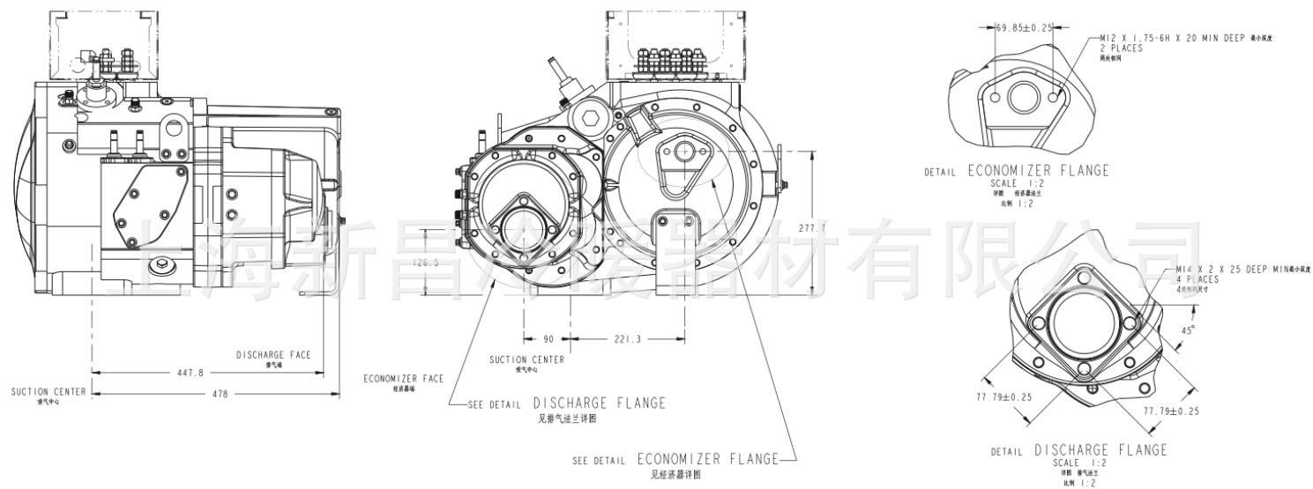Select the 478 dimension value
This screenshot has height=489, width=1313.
coord(216,394)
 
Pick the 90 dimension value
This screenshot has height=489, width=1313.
coord(547,338)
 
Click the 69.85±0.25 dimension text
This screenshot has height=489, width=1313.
coord(1025,28)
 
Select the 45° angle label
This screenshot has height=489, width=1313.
coord(1189,330)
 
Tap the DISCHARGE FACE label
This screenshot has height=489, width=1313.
coord(272,355)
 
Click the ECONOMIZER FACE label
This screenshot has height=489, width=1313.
coord(403,378)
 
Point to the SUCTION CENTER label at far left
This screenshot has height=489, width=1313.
coord(48,391)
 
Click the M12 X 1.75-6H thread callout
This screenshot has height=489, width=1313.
coord(1184,39)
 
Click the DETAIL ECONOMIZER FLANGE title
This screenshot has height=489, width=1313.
coord(1016,171)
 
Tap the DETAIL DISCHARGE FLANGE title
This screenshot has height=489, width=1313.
coord(1078,450)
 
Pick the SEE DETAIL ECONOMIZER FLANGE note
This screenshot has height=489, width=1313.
coord(675,459)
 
